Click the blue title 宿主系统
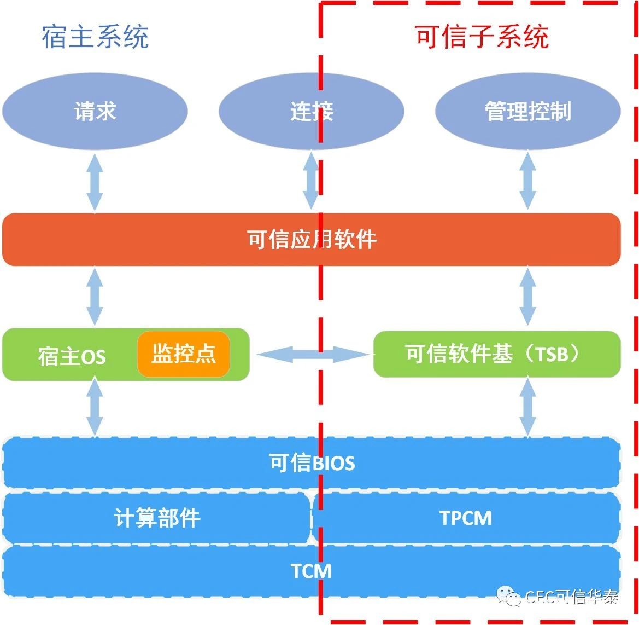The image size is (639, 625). (95, 37)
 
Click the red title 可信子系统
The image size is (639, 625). (482, 37)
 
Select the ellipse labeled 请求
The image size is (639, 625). (95, 111)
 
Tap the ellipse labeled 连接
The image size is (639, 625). (312, 111)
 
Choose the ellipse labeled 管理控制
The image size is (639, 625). (527, 111)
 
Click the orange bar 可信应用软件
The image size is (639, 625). (312, 240)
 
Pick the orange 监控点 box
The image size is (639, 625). (184, 354)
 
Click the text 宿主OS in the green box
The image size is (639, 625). (72, 357)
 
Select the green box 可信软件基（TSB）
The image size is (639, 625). (497, 354)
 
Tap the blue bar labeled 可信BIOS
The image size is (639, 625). (312, 462)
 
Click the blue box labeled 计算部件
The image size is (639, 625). (156, 518)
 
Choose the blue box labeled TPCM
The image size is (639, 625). (466, 518)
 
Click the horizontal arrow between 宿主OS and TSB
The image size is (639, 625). (313, 354)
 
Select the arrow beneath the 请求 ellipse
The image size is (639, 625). (95, 182)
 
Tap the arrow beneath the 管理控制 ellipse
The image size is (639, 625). (528, 180)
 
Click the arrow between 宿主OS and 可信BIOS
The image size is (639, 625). (95, 407)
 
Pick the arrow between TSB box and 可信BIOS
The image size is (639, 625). (528, 407)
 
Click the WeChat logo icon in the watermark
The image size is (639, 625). (508, 596)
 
